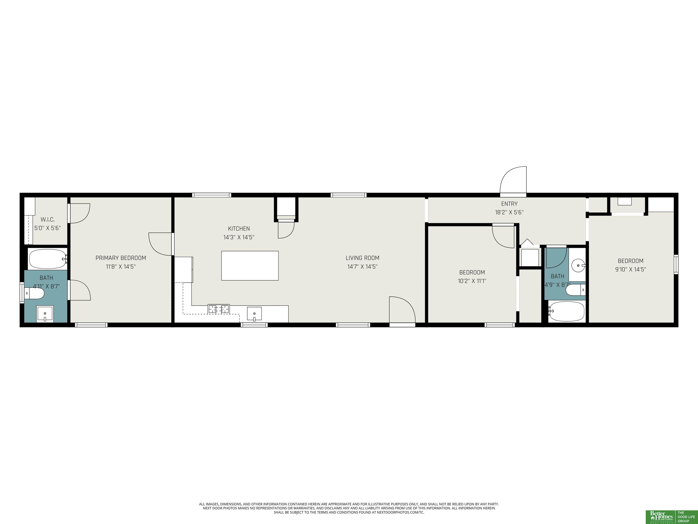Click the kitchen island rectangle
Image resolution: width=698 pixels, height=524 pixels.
[x=250, y=266]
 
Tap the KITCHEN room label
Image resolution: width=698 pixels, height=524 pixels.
[x=239, y=228]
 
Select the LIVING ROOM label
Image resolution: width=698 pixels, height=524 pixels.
[x=362, y=258]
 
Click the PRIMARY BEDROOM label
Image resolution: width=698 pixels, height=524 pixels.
[x=121, y=258]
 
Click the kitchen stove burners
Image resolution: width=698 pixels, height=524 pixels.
[x=219, y=309]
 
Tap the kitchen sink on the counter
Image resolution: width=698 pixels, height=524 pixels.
[x=254, y=314]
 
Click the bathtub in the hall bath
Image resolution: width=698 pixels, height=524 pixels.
[x=566, y=311]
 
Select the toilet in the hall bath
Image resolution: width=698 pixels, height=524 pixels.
[x=575, y=290]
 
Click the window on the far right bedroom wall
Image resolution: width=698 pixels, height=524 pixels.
[x=676, y=264]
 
